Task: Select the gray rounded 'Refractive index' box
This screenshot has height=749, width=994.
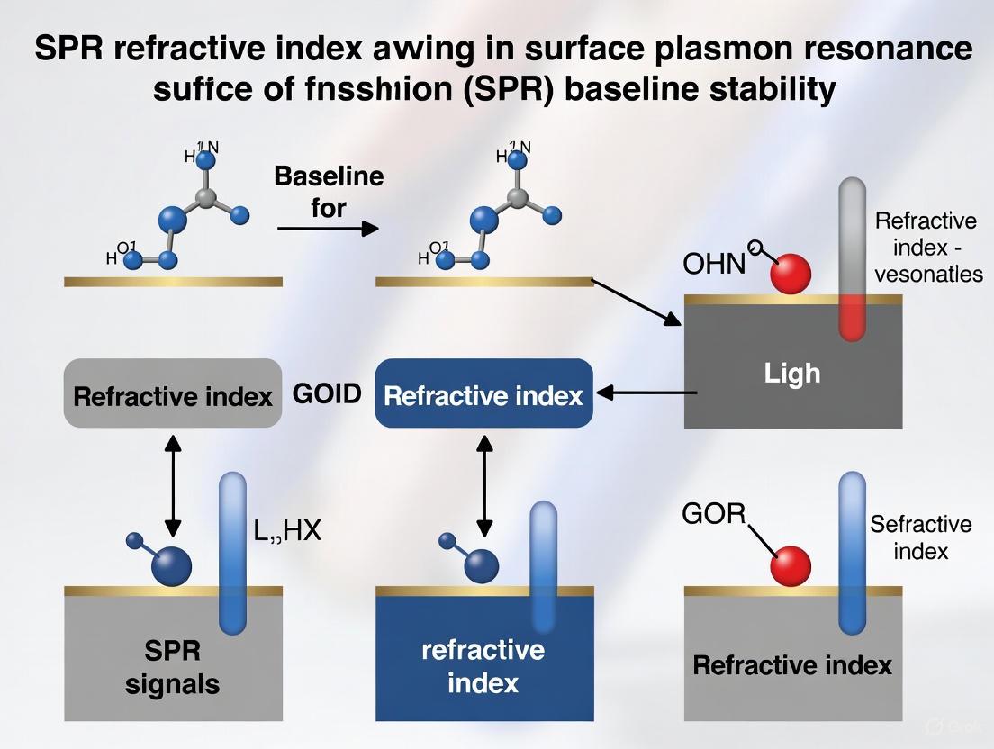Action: coord(173,393)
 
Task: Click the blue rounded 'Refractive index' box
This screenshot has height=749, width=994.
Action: coord(483,393)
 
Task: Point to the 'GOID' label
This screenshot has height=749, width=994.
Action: coord(328,393)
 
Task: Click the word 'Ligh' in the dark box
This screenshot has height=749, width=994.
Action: coord(792,372)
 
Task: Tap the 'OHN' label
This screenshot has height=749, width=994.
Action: coord(715,264)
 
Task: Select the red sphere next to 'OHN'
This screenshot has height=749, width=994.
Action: coord(791,274)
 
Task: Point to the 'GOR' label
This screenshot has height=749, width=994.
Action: coord(715,514)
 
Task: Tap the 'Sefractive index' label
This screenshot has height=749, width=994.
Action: coord(920,537)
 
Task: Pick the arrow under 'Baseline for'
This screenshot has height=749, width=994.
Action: coord(328,229)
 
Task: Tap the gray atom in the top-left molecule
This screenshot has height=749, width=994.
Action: coord(206,199)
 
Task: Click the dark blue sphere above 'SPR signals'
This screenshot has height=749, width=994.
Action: coord(172,567)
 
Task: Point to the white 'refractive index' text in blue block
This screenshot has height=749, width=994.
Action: coord(483,666)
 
